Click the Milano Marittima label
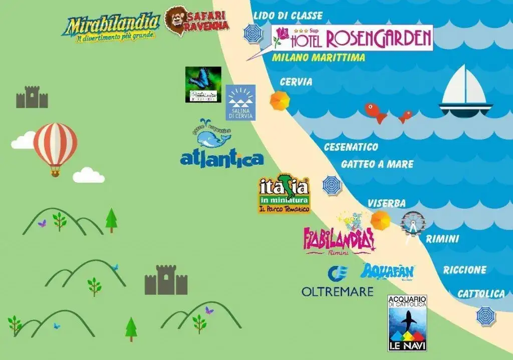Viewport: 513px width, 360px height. [x=318, y=58]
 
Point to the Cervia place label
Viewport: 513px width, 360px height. [x=296, y=82]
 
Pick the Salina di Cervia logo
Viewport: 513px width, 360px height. [x=240, y=102]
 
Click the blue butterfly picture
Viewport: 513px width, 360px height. [x=203, y=84]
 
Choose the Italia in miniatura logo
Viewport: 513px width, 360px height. [x=284, y=195]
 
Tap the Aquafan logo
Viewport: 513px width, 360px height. [x=388, y=272]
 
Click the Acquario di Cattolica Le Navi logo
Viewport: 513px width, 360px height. [x=407, y=322]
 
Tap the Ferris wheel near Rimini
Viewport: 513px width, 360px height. [x=413, y=225]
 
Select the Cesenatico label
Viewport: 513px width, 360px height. [x=351, y=147]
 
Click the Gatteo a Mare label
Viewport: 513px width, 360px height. [x=377, y=164]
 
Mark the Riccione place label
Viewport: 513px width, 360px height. [x=464, y=270]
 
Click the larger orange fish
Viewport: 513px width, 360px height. [x=375, y=112]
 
